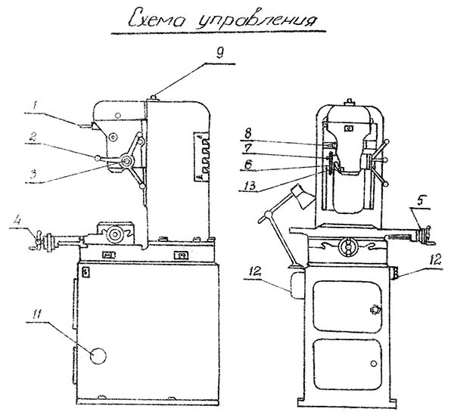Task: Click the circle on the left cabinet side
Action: pos(98,355)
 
